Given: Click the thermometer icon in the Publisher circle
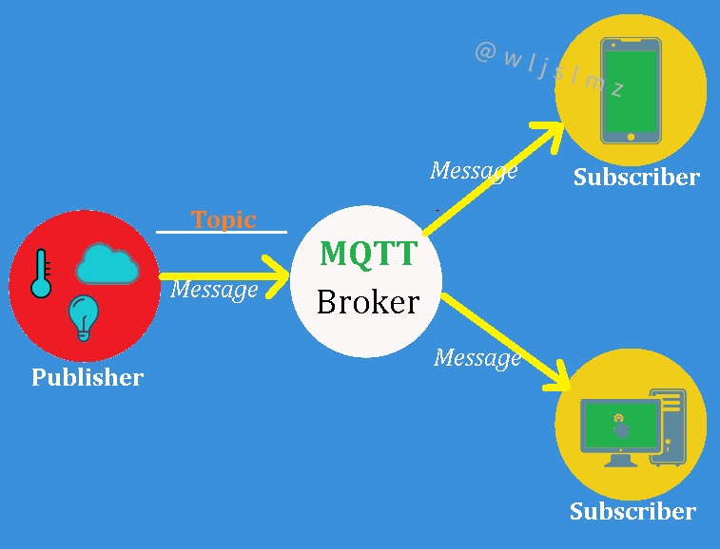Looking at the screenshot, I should [x=40, y=274].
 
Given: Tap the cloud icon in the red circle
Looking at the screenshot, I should [x=107, y=264].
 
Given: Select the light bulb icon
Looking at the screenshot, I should [x=84, y=317].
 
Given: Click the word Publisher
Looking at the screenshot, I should [x=88, y=377].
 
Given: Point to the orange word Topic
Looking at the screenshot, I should [x=224, y=219].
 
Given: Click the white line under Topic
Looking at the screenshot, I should [x=222, y=231].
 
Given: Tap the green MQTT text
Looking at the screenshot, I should [x=368, y=254].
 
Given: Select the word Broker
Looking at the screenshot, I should [x=367, y=302].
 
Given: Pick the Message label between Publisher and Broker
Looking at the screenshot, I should [x=214, y=290].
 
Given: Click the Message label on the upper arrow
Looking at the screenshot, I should [x=474, y=171].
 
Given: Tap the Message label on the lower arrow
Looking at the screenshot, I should [x=477, y=358].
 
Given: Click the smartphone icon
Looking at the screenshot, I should [x=631, y=90].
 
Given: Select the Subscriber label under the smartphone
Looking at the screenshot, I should [x=636, y=177].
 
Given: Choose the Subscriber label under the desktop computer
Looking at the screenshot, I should [x=632, y=511].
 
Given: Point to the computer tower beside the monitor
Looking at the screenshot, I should [x=671, y=427].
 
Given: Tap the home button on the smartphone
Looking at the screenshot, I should [x=631, y=138].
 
